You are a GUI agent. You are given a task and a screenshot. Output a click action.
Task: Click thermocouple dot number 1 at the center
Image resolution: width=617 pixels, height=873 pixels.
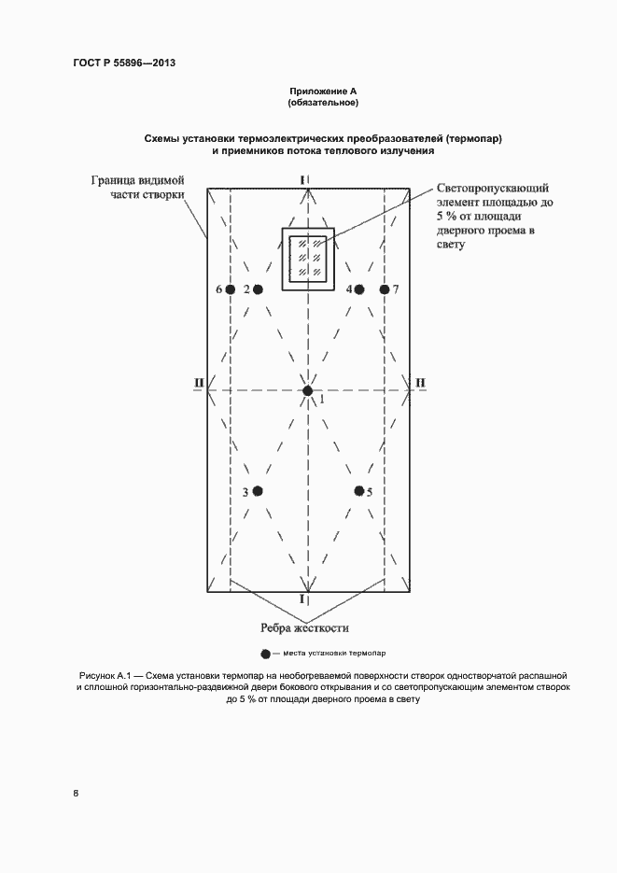pos(307,390)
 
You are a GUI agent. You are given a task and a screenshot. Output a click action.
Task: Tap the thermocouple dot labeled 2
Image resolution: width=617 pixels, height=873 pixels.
pos(258,289)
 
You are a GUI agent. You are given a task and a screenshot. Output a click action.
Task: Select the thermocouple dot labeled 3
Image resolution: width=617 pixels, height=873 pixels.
pos(258,491)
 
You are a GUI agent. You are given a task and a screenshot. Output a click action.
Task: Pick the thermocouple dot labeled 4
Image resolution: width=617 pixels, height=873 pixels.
pos(359,289)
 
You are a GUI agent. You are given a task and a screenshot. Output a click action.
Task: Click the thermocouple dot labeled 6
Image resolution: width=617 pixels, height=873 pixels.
pos(230,289)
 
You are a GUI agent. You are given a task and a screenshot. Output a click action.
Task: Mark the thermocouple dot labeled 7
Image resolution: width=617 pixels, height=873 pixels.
pos(384,289)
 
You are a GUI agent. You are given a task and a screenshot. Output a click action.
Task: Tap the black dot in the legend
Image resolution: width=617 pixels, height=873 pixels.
pos(265,654)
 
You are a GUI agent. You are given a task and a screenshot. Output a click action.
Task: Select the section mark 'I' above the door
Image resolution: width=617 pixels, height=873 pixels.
pos(302,178)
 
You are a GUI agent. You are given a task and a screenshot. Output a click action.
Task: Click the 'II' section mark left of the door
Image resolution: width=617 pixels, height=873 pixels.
pos(199,382)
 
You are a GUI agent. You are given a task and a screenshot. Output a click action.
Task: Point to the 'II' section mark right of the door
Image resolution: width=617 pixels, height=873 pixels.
pos(419,382)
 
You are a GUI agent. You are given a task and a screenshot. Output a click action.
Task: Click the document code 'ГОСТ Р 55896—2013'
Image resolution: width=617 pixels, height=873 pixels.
pos(124,63)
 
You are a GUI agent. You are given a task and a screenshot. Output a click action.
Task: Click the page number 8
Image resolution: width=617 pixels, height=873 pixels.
pos(77,794)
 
